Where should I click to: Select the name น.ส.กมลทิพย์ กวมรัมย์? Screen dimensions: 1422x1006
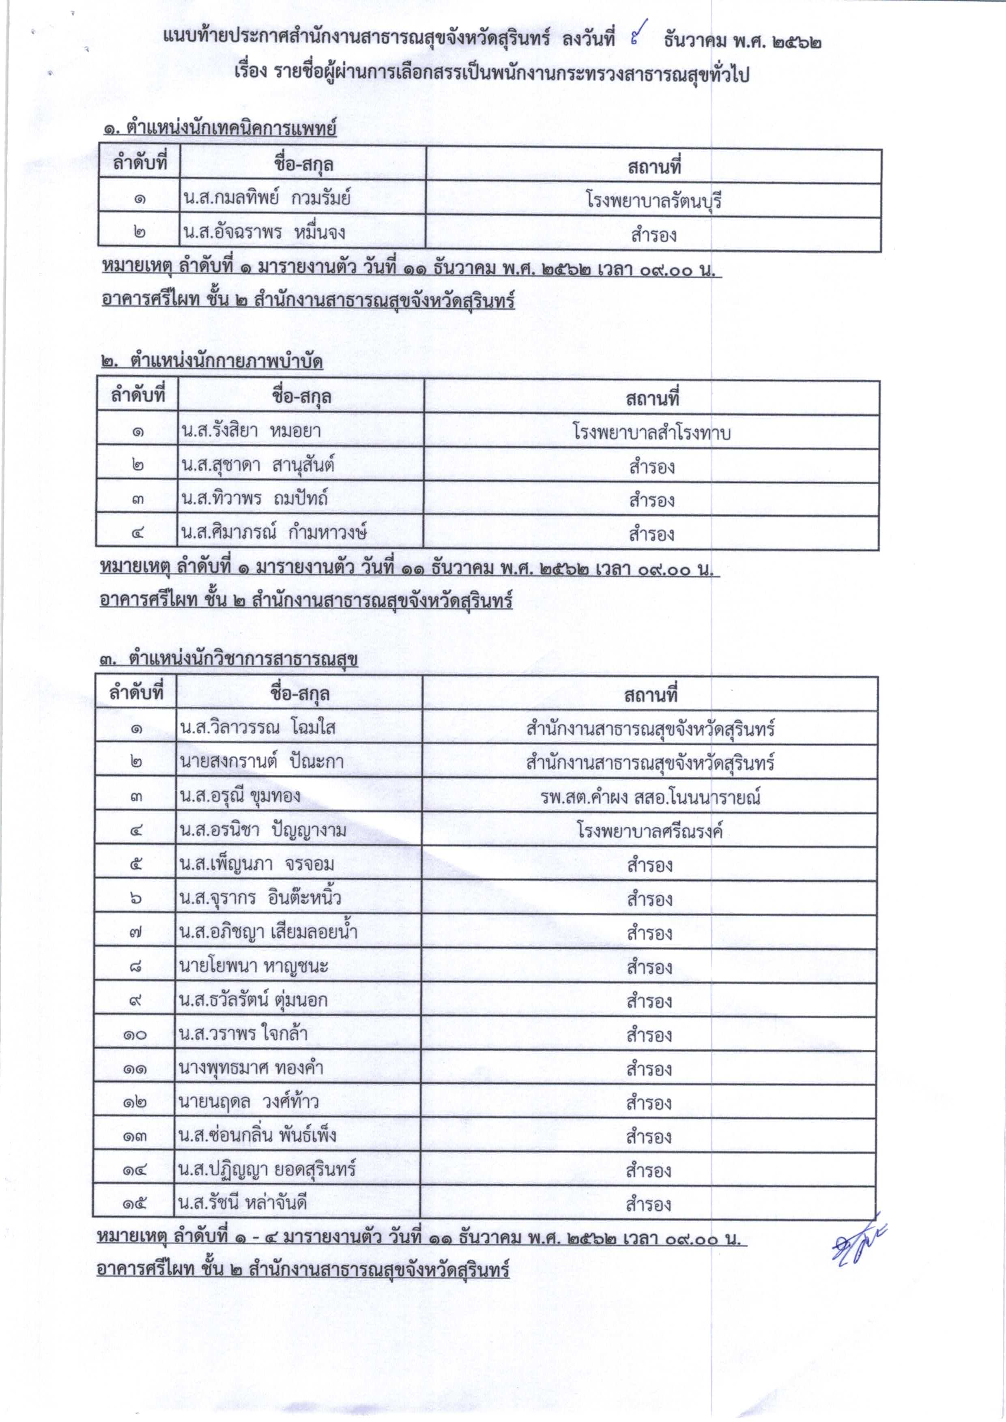click(267, 198)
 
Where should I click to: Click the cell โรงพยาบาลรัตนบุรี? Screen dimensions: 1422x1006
click(653, 201)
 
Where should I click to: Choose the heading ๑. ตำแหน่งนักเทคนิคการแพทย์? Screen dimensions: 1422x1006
click(220, 129)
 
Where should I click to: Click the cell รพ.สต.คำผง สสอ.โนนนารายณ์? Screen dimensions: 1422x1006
click(650, 797)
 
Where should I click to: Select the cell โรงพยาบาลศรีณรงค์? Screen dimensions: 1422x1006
click(650, 831)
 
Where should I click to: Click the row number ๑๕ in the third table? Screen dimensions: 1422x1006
click(134, 1204)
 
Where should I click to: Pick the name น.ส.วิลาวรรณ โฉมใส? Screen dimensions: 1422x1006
click(257, 727)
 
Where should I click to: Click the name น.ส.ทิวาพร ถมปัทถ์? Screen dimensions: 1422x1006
click(254, 498)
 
